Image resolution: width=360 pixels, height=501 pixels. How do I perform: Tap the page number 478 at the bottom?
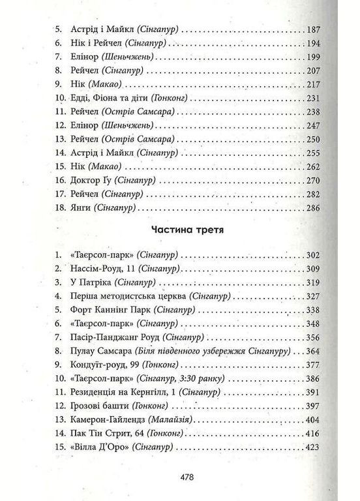point(181,478)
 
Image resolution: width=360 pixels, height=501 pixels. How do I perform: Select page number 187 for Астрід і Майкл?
point(315,30)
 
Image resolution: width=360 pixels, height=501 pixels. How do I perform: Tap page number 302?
point(315,255)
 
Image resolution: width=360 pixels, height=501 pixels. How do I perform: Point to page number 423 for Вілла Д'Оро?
point(315,448)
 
